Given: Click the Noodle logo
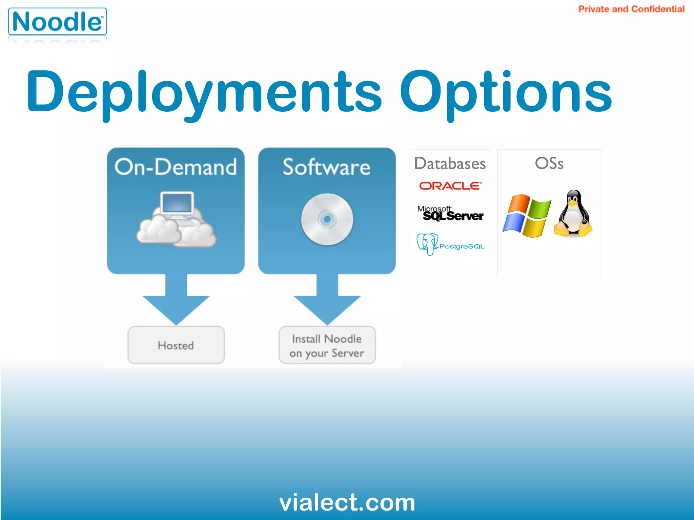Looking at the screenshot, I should click(x=57, y=22).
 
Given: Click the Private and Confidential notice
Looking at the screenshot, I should click(x=631, y=9).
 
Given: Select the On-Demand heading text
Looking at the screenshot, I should click(x=176, y=167).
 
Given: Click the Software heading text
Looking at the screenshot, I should click(x=327, y=167).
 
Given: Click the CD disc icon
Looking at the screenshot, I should click(x=327, y=219).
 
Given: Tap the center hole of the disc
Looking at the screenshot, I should click(x=327, y=219).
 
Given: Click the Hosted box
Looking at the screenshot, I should click(x=176, y=345).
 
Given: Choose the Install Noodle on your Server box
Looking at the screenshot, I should click(x=327, y=345).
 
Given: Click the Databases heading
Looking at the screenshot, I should click(x=450, y=164).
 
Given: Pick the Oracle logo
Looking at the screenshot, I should click(x=450, y=186).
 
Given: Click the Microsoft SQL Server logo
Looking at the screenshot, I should click(x=450, y=213).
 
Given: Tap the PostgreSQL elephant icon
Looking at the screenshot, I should click(x=427, y=244).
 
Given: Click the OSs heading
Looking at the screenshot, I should click(x=549, y=163).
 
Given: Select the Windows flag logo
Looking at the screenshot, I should click(x=526, y=216).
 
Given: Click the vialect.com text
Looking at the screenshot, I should click(x=347, y=502).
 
